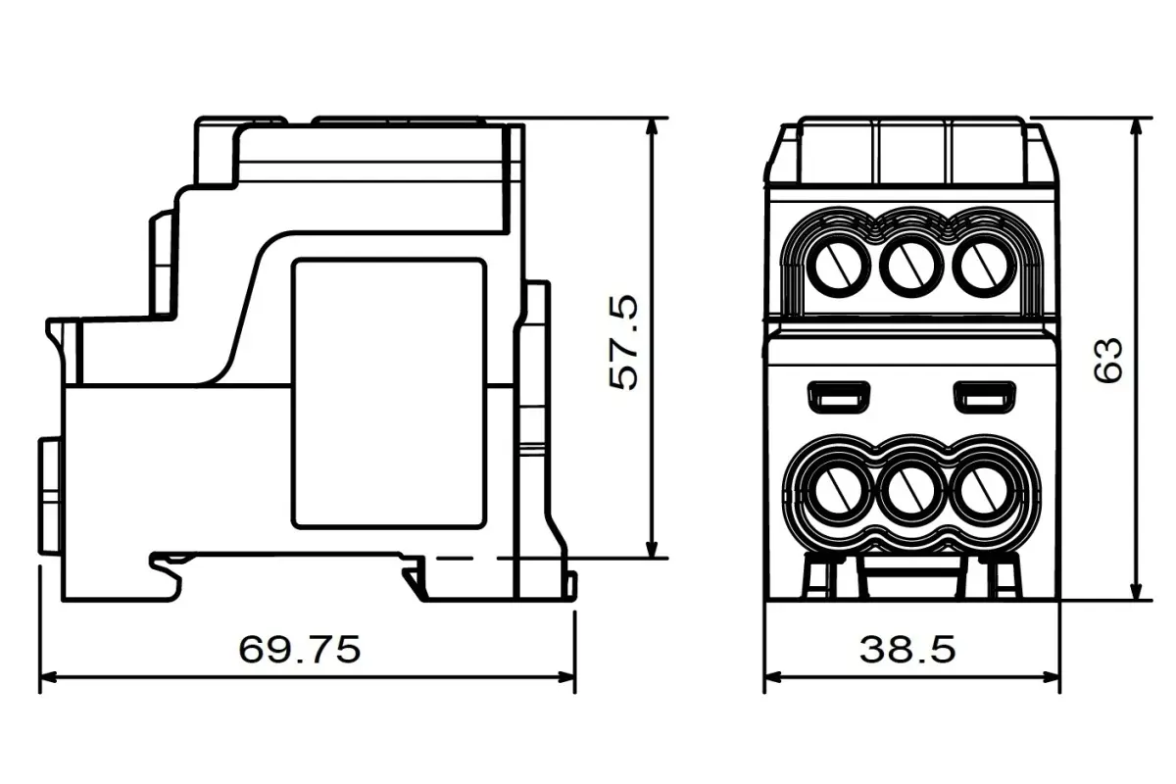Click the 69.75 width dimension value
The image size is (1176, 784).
[300, 649]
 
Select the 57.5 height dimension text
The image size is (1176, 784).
[623, 343]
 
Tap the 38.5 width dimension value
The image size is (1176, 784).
[907, 649]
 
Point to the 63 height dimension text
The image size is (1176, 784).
[1107, 360]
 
